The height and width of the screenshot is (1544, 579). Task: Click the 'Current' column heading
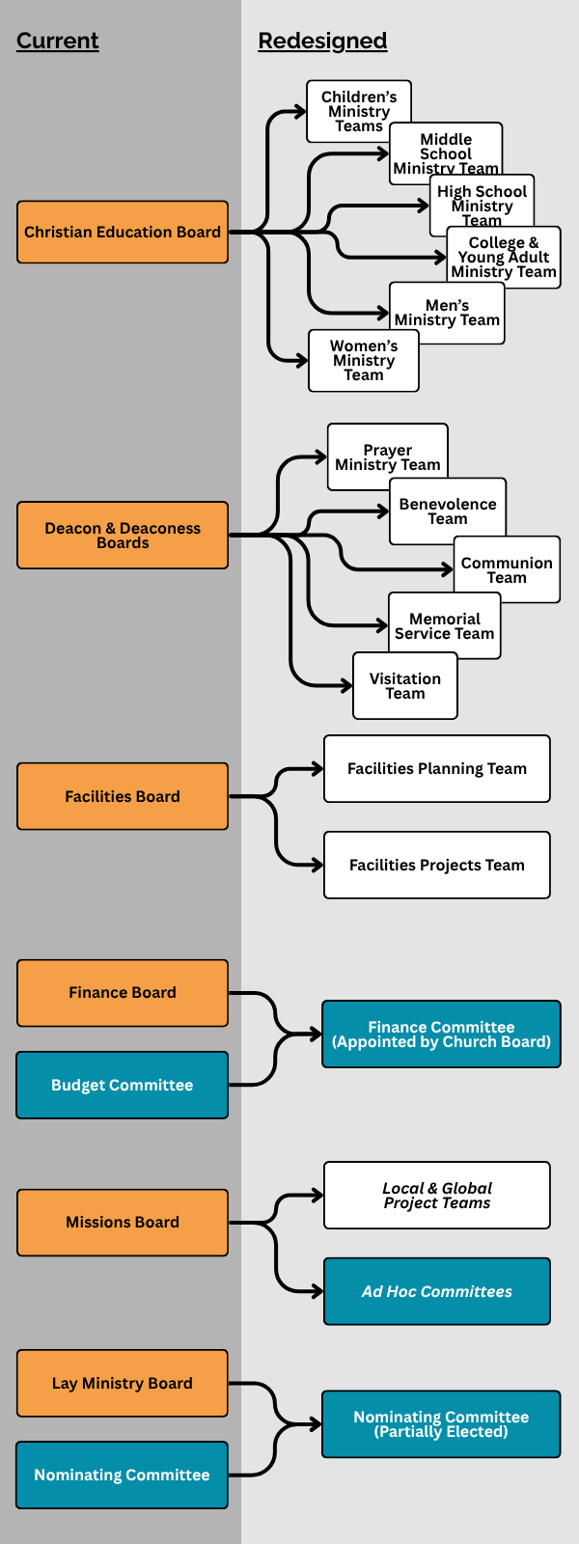(58, 41)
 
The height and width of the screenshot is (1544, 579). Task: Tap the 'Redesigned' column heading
(322, 41)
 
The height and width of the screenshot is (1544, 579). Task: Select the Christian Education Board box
(123, 232)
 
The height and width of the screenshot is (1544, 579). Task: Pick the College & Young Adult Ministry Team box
(504, 258)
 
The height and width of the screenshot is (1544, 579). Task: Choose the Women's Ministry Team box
(364, 361)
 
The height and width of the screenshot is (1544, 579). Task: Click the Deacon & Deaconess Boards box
(123, 535)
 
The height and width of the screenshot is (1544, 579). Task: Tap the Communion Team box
(507, 569)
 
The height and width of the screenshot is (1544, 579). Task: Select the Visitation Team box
(405, 686)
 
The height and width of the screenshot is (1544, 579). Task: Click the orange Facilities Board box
(123, 796)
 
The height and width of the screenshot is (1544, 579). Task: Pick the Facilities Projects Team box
(437, 865)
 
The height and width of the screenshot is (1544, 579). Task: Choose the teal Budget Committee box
(123, 1085)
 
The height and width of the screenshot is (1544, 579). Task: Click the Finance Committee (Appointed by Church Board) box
(441, 1034)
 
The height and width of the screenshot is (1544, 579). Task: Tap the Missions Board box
(123, 1222)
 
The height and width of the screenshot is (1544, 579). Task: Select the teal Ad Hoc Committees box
(437, 1291)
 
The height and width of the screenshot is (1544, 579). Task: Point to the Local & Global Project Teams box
(437, 1195)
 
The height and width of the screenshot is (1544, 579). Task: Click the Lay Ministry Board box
(123, 1383)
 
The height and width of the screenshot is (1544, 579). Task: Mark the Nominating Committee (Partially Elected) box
(441, 1423)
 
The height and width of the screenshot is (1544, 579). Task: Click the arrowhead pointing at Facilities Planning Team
(317, 769)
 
